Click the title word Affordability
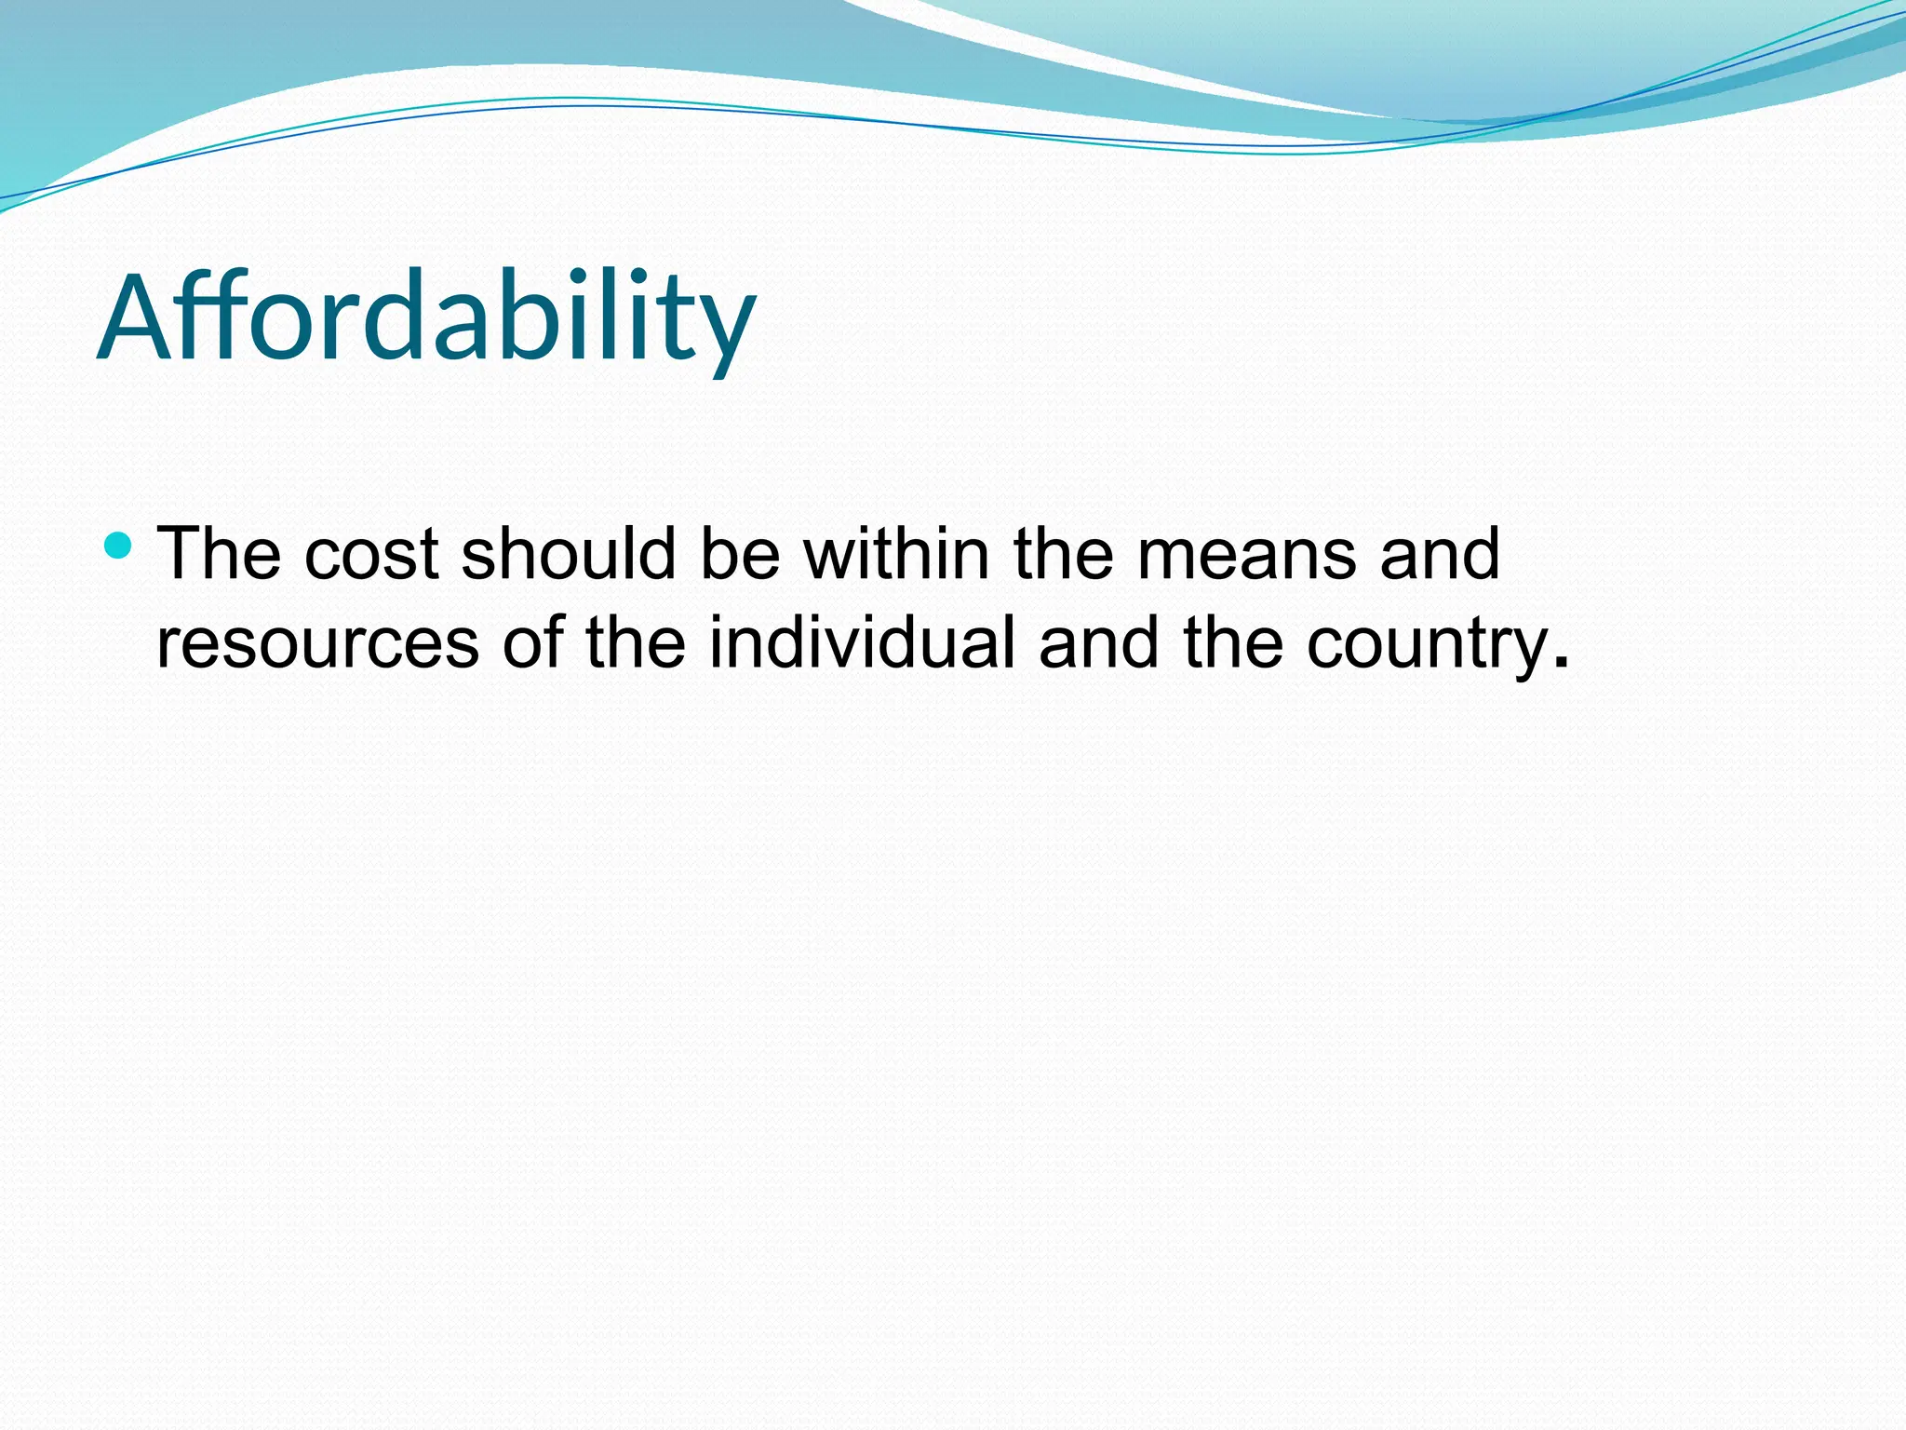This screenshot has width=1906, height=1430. click(x=426, y=317)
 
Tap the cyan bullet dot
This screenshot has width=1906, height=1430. click(x=118, y=545)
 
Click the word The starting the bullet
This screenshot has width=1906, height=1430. click(x=219, y=554)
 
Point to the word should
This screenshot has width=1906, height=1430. click(x=568, y=554)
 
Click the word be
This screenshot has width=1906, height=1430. click(x=740, y=554)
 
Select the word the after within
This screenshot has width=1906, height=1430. click(x=1064, y=554)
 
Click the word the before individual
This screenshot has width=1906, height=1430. click(x=636, y=642)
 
